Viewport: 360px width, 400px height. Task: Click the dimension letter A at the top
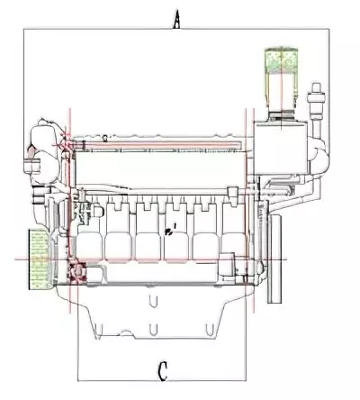(177, 20)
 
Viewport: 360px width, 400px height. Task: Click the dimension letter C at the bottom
(162, 371)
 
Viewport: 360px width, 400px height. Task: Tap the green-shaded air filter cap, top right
(281, 60)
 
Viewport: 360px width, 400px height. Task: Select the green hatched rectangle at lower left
(39, 259)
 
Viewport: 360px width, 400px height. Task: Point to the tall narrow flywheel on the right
(274, 259)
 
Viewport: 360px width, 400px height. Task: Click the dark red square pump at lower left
(77, 272)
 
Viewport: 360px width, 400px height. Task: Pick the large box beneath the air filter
(281, 148)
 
